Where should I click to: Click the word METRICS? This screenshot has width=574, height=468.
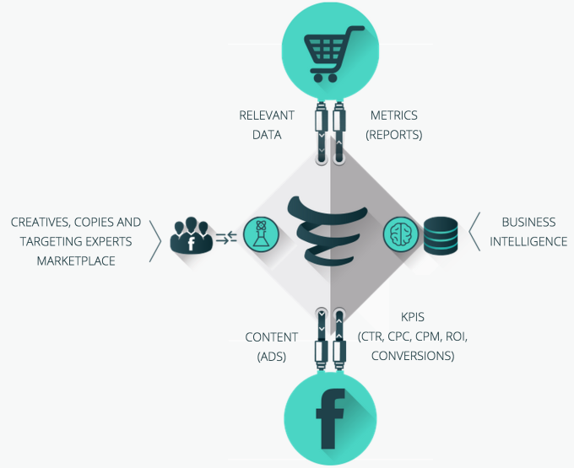point(394,116)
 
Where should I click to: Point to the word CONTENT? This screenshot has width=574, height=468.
point(272,337)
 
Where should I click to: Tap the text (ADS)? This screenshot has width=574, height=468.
point(272,356)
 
